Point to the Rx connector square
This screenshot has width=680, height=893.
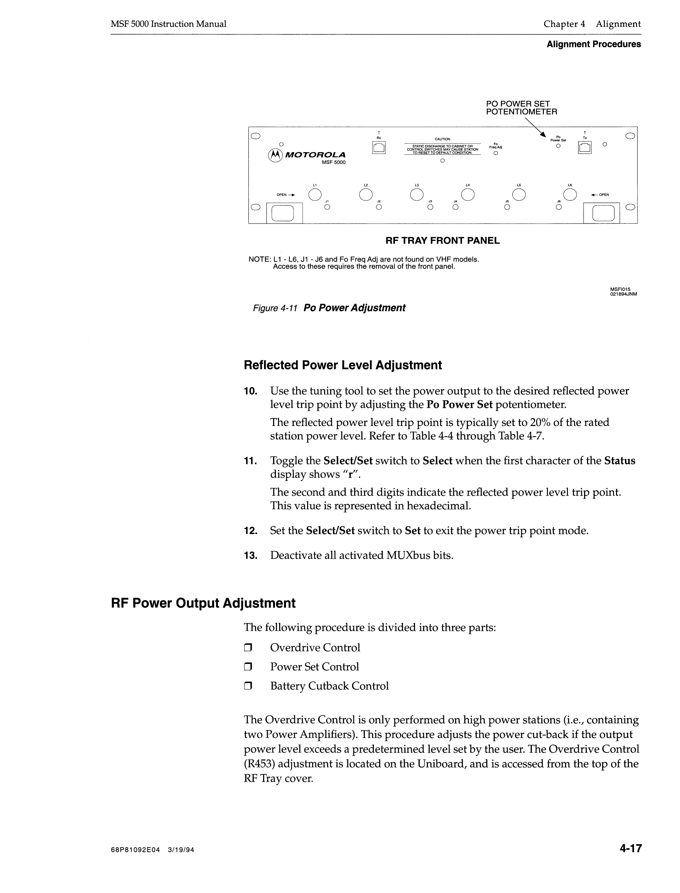[x=379, y=148]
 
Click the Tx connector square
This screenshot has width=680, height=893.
[x=585, y=148]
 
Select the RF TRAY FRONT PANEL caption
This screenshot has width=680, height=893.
[x=442, y=241]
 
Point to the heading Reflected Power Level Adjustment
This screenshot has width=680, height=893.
[x=342, y=365]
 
